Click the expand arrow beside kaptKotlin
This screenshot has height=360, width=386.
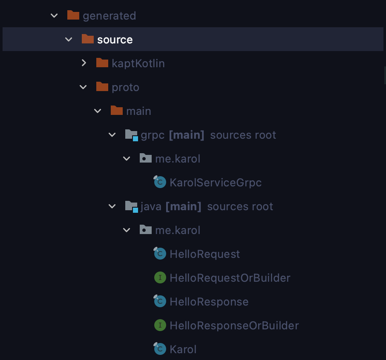[x=84, y=63]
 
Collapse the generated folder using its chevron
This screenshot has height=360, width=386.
[x=54, y=16]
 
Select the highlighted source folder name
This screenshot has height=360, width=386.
[x=115, y=40]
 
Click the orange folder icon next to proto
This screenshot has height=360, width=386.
[x=102, y=86]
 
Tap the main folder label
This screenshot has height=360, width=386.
[x=138, y=111]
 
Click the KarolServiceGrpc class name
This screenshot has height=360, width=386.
[x=216, y=183]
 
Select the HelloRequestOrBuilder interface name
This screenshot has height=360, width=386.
[x=230, y=278]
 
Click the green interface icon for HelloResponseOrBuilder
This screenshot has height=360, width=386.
[x=160, y=326]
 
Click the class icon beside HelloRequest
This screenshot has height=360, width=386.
[x=160, y=253]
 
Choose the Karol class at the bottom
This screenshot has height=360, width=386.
[x=183, y=349]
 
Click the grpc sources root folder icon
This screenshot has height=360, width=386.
[x=132, y=135]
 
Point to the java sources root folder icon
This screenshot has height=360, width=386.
[x=132, y=206]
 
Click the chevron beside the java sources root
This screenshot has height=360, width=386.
[x=112, y=206]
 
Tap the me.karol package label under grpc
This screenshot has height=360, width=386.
[x=178, y=159]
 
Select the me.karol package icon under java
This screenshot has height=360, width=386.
[x=145, y=230]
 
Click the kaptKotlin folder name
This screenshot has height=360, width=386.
[x=138, y=63]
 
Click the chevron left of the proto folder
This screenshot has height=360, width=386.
[x=83, y=87]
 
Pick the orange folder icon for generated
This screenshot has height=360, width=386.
[x=73, y=15]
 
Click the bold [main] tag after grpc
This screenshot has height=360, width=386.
[x=187, y=135]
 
